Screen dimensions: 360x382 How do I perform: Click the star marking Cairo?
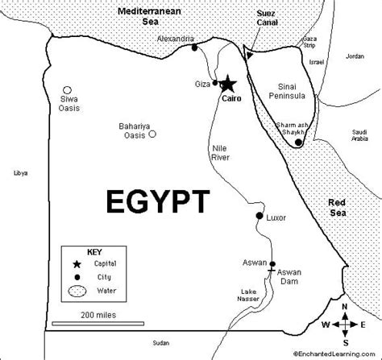pyautogui.click(x=228, y=83)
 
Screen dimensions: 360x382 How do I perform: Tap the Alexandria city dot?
pyautogui.click(x=195, y=48)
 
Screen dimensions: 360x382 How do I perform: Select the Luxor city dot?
pyautogui.click(x=259, y=217)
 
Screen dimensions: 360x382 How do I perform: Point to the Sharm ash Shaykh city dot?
pyautogui.click(x=298, y=143)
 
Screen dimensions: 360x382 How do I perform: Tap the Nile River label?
pyautogui.click(x=223, y=153)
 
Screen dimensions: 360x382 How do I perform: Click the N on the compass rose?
pyautogui.click(x=345, y=307)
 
